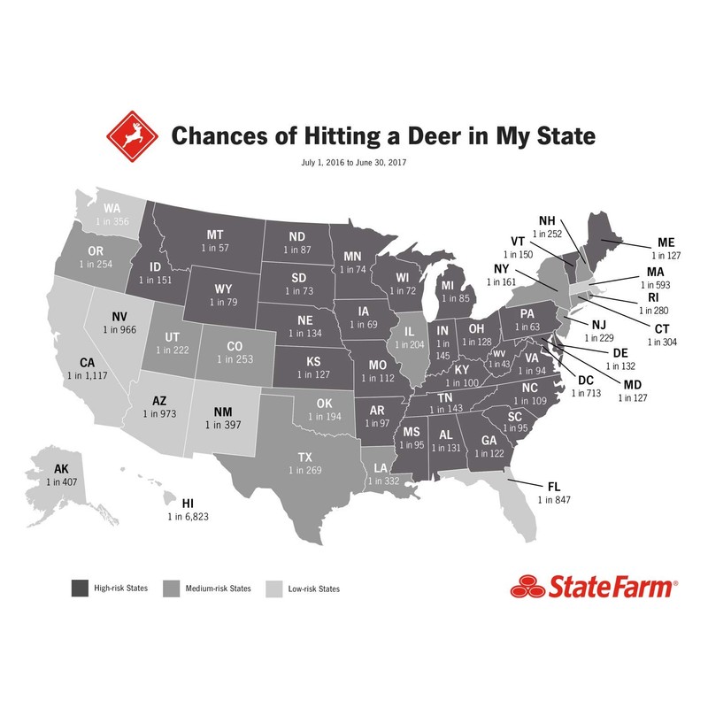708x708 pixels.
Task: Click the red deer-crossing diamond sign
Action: click(x=131, y=137)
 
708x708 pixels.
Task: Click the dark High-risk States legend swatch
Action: click(x=81, y=588)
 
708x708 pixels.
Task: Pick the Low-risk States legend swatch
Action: click(x=273, y=588)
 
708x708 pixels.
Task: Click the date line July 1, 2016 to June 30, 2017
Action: click(x=354, y=163)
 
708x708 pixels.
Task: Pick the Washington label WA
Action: click(x=112, y=208)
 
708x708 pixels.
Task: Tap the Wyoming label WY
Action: click(x=223, y=289)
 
